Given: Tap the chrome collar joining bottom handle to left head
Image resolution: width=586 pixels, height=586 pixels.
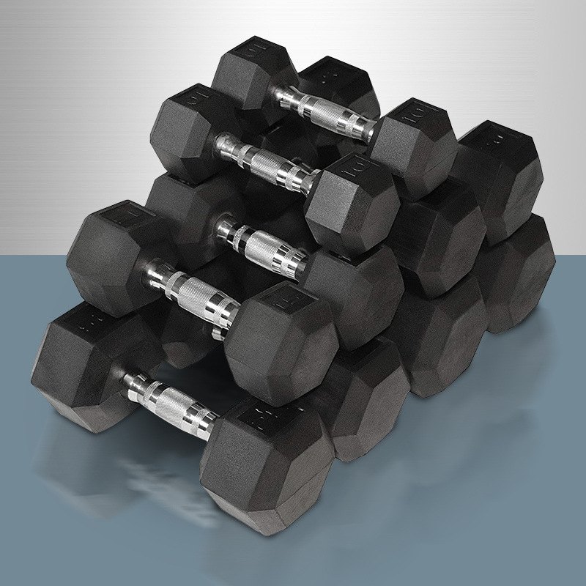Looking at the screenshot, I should (x=135, y=380).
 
